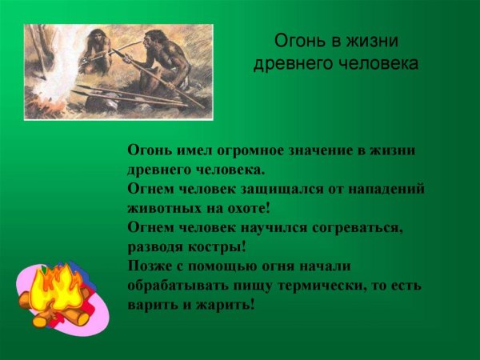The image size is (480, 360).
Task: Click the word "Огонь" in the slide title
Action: (x=297, y=40)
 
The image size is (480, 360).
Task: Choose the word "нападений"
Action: (x=385, y=189)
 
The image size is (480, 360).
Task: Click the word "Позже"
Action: (x=149, y=266)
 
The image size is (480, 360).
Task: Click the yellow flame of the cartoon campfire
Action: (x=59, y=288)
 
